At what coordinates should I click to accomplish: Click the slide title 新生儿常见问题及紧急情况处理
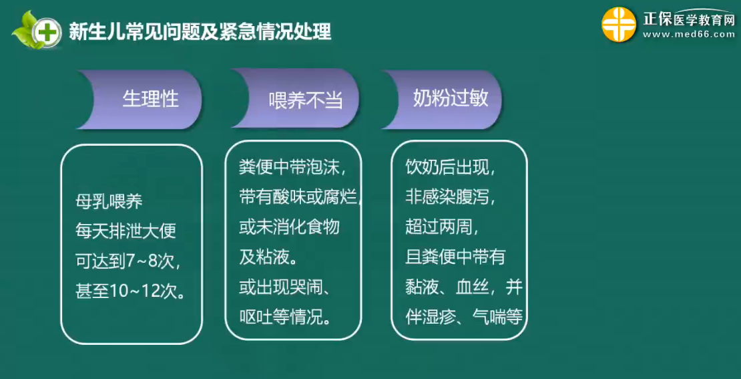click(x=200, y=32)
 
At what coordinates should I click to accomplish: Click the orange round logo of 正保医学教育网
click(x=619, y=24)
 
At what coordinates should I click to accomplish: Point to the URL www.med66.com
click(x=688, y=34)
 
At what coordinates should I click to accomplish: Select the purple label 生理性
click(x=151, y=99)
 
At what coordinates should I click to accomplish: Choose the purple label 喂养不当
click(x=305, y=100)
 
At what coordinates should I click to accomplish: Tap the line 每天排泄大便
click(x=126, y=231)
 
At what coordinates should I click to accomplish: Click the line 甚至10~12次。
click(x=130, y=289)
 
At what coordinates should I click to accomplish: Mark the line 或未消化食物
click(x=289, y=227)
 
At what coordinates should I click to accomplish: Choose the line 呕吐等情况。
click(x=284, y=317)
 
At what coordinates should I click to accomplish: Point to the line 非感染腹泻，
click(x=451, y=197)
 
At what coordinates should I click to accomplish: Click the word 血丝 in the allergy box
click(x=473, y=287)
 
